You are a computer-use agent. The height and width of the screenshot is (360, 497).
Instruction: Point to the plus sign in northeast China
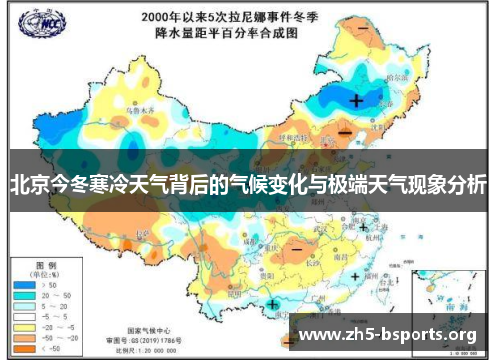tap(357, 100)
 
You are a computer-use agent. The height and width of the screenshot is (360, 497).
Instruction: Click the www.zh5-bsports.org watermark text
tap(388, 334)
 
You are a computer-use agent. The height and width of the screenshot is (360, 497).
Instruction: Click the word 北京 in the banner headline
tap(30, 185)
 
